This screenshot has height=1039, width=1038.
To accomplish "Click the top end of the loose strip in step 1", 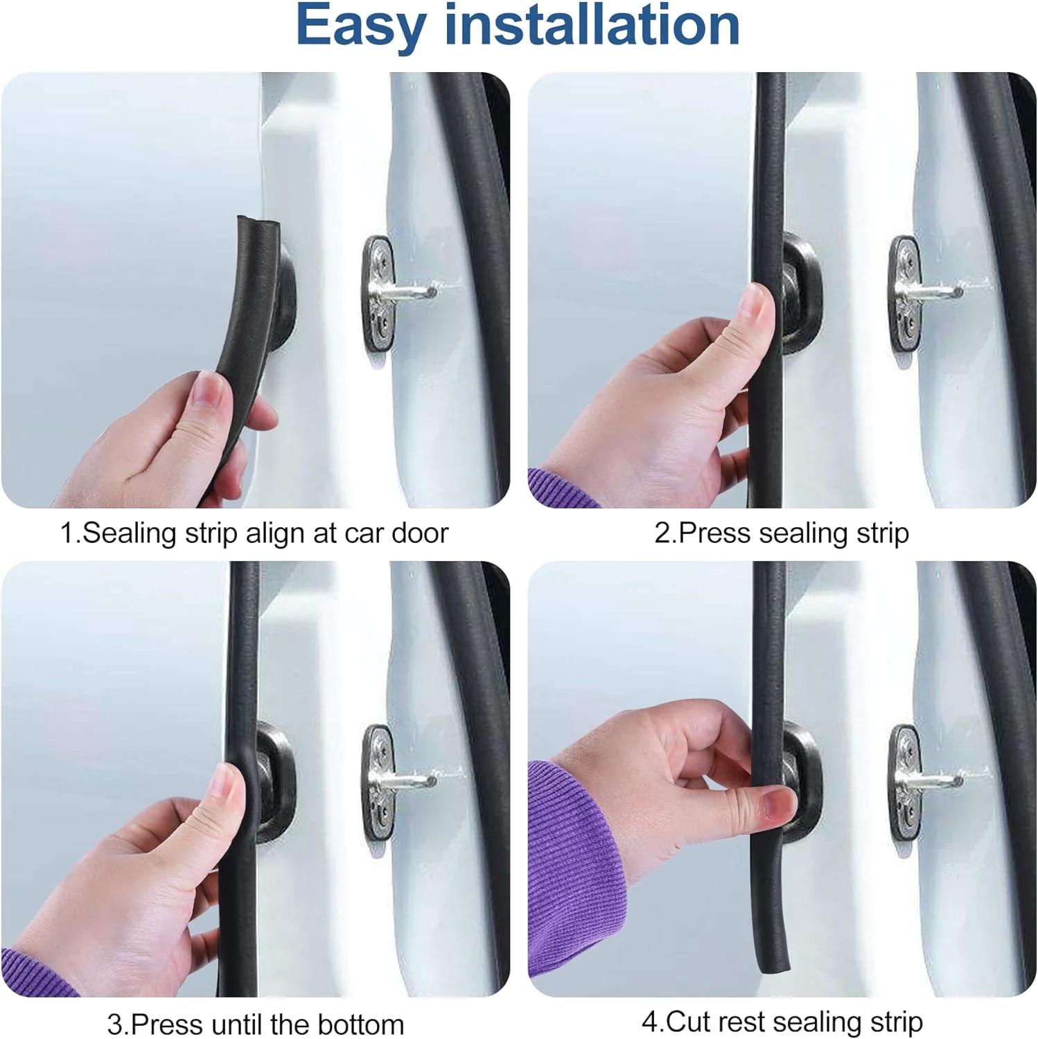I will coord(256,223).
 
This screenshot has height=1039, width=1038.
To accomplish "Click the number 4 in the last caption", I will coord(649,1022).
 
